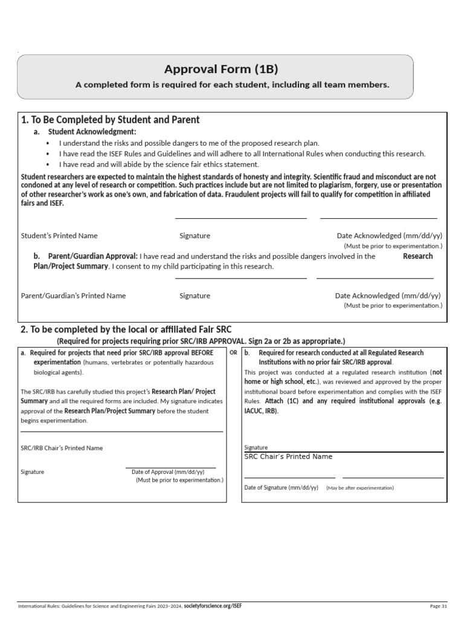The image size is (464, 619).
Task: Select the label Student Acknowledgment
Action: [x=92, y=132]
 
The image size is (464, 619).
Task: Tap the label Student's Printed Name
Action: [x=59, y=236]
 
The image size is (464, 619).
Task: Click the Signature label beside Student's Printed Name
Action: [x=195, y=236]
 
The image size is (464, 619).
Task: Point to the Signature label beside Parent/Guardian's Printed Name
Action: [x=195, y=296]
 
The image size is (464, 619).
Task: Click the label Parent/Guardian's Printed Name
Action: [x=74, y=296]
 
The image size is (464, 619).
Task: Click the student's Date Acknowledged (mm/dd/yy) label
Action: [x=388, y=236]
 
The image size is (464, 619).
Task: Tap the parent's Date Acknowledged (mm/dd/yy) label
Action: [x=388, y=296]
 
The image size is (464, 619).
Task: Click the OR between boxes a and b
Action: [x=233, y=352]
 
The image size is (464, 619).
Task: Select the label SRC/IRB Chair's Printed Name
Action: [x=62, y=448]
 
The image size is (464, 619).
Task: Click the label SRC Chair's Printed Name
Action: [x=288, y=456]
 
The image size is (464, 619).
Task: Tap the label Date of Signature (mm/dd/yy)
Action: [x=281, y=487]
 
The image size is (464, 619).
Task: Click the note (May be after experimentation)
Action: [x=359, y=488]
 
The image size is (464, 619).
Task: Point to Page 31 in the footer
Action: [x=438, y=606]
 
